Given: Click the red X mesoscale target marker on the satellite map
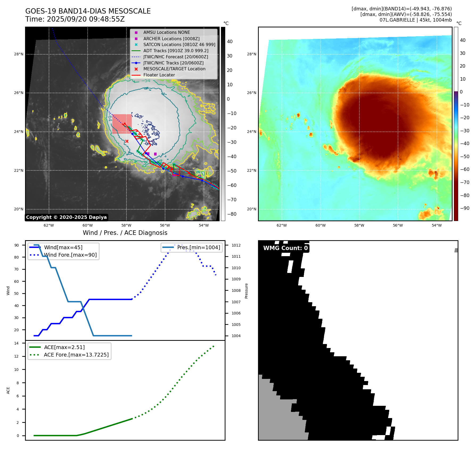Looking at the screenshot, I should point(127,141).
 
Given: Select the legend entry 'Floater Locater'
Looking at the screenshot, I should point(159,75).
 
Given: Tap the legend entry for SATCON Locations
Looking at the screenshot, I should point(179,44).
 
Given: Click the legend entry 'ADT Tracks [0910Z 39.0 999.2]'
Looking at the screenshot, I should point(176,51).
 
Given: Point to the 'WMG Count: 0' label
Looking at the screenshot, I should point(285,248).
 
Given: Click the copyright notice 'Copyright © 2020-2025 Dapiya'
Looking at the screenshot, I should point(66,217).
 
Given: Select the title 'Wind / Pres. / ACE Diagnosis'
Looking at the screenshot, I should point(125,233).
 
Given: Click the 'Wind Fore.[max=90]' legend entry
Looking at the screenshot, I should point(70,255).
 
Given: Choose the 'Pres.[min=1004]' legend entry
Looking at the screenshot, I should point(198,247).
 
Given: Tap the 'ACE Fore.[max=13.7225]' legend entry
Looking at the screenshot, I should point(76,355).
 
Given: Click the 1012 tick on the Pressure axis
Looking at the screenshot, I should point(236,245).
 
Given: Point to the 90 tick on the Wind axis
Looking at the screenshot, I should point(17,245).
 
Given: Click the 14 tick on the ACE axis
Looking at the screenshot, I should point(17,343).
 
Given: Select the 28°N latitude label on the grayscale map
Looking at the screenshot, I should point(19,54).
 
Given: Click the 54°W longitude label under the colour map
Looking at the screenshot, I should point(437,225).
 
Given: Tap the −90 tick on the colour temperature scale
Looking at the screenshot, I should point(465,208).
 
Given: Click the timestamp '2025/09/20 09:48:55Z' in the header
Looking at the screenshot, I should point(86,19).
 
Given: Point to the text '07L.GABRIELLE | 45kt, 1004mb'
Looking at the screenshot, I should point(416,20).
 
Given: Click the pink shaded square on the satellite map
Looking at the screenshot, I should point(122,124).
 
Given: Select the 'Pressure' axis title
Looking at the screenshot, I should point(246,291).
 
